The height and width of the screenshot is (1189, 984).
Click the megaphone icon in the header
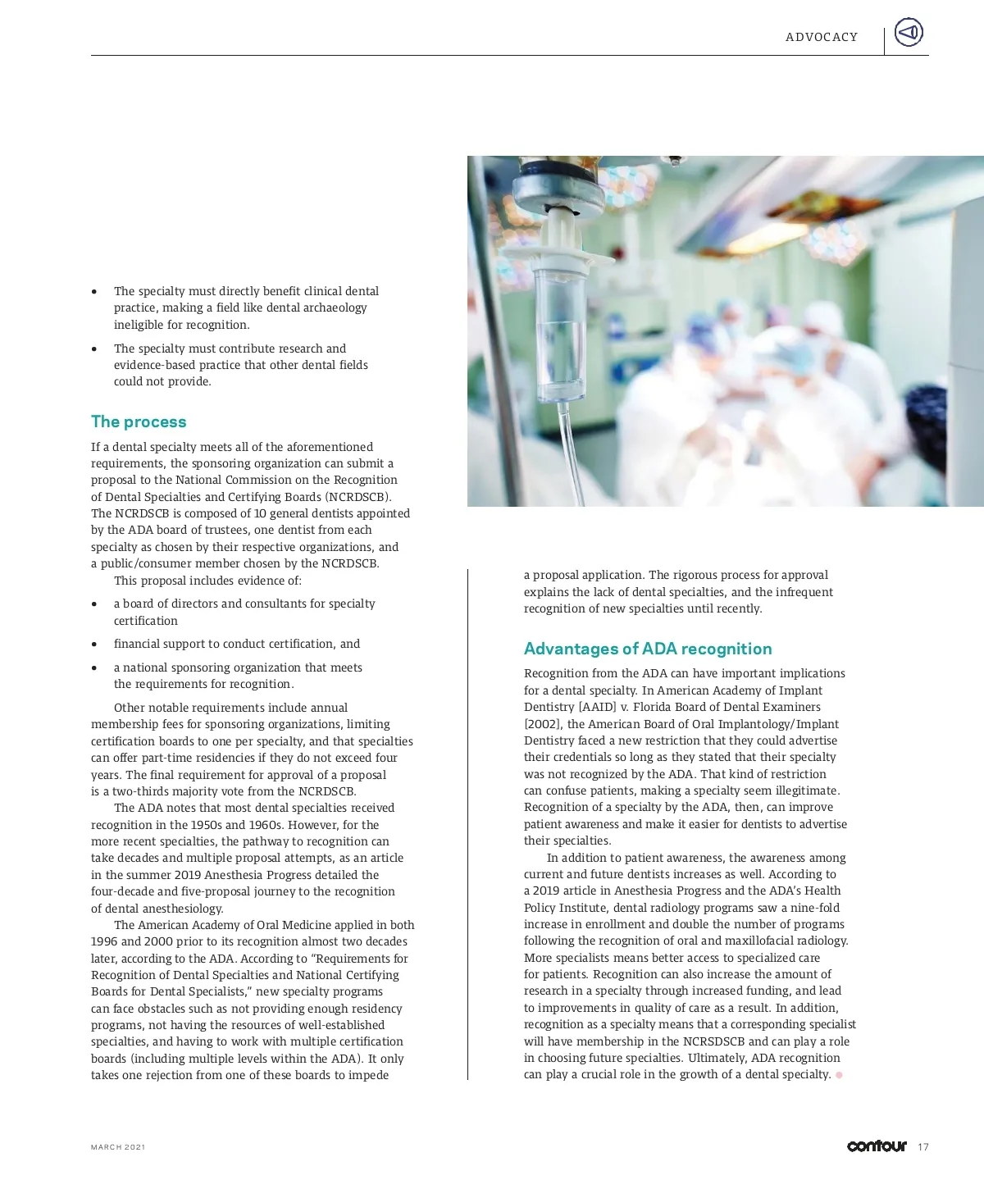click(908, 33)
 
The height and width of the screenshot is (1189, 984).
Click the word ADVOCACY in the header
click(822, 37)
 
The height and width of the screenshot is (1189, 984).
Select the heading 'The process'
click(139, 421)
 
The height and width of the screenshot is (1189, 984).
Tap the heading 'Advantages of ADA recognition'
click(648, 649)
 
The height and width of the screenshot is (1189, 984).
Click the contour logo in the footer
click(877, 1146)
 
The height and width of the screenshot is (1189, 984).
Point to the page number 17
click(923, 1146)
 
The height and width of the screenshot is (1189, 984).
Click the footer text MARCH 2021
click(118, 1147)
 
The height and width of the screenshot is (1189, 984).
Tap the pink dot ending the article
click(839, 1075)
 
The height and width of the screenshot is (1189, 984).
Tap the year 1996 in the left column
click(104, 941)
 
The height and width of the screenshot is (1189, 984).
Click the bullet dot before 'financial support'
click(95, 645)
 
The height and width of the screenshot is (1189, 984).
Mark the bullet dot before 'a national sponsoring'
click(95, 668)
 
